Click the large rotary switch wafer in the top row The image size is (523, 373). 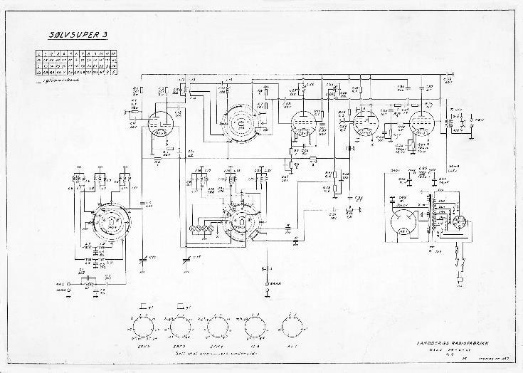pyautogui.click(x=240, y=124)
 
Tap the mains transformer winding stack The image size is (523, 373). pyautogui.click(x=431, y=214)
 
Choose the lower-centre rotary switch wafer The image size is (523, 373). pyautogui.click(x=241, y=222)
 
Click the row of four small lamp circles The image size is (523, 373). pyautogui.click(x=201, y=228)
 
